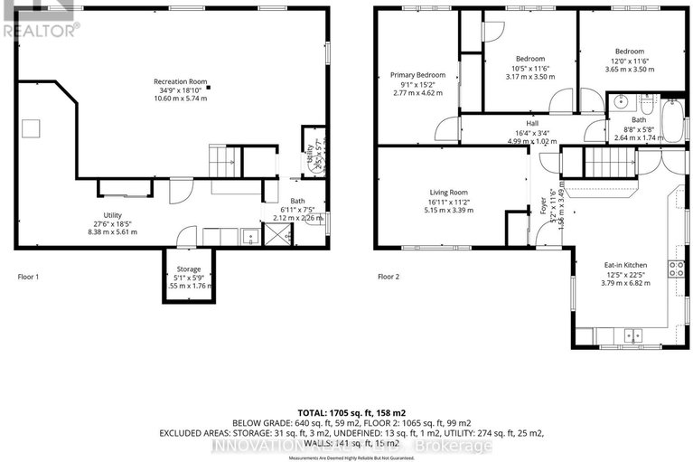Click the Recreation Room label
click(177, 81)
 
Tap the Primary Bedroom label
click(417, 74)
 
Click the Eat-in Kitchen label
click(624, 265)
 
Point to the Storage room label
click(188, 269)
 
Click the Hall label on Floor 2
click(533, 124)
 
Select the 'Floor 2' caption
click(389, 277)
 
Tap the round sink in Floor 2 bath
click(622, 101)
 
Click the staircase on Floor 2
click(609, 164)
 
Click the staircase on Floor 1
click(222, 161)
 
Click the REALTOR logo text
click(41, 29)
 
